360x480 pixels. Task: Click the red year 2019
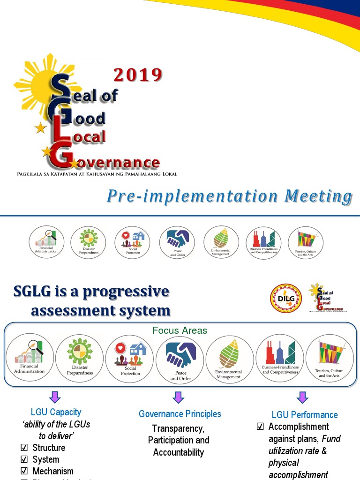click(138, 75)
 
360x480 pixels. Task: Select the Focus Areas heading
click(180, 330)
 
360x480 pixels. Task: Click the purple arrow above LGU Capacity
click(55, 397)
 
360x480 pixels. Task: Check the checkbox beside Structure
click(24, 448)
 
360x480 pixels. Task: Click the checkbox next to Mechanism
click(24, 472)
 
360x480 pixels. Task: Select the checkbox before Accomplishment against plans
click(261, 427)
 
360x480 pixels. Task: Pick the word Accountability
click(179, 452)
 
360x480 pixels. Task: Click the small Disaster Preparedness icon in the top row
click(88, 242)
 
